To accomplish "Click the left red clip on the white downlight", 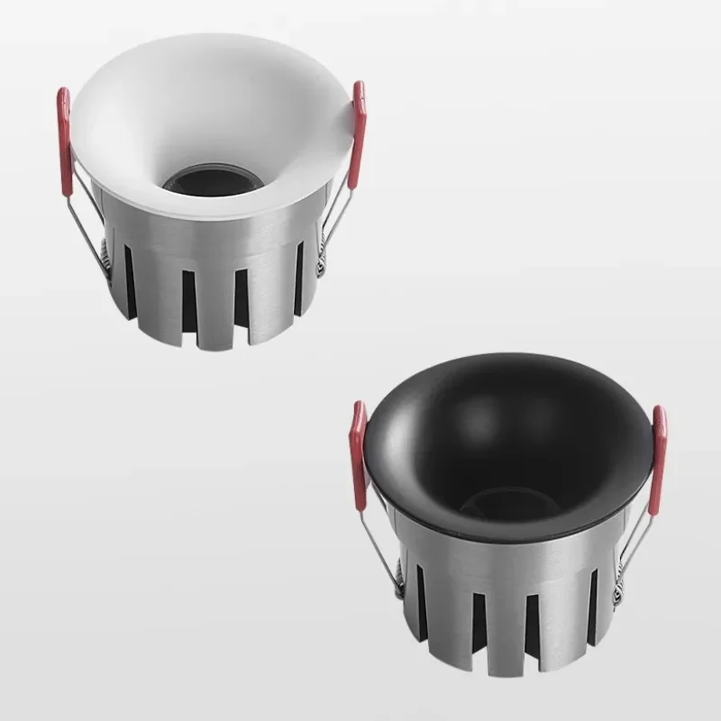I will (65, 141).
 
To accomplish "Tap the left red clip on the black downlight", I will (359, 447).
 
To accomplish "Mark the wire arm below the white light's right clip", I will (338, 207).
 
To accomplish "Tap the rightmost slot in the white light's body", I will (298, 279).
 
